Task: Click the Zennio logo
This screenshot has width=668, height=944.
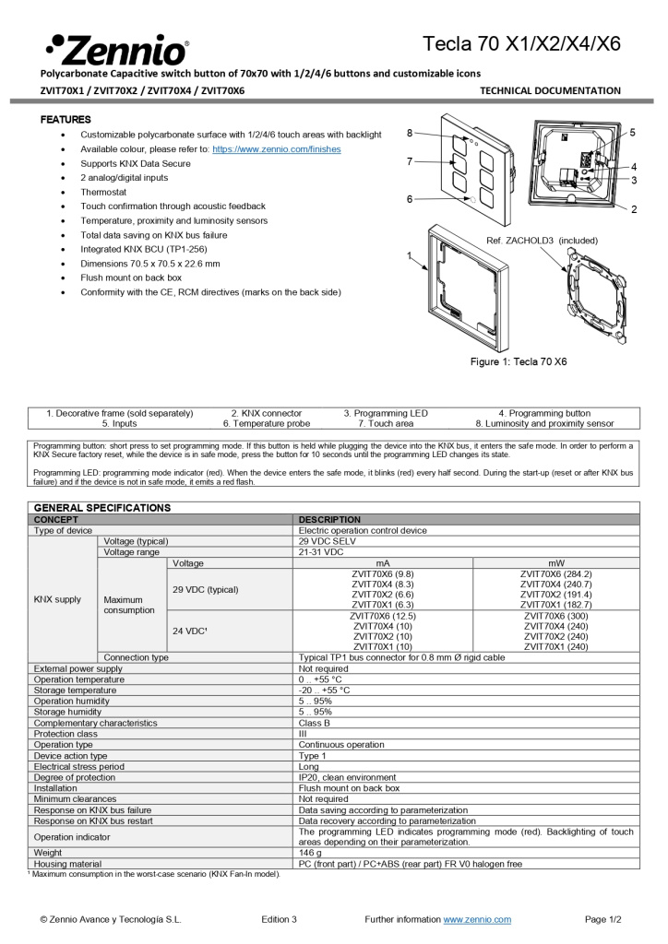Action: [x=117, y=48]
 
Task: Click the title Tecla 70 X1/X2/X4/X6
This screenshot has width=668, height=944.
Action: [x=521, y=44]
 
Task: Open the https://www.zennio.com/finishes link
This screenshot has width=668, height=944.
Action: [x=276, y=148]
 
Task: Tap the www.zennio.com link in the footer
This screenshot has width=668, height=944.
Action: [x=477, y=919]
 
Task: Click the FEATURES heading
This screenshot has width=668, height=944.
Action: [x=66, y=120]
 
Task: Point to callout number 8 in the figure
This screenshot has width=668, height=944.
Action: [x=410, y=133]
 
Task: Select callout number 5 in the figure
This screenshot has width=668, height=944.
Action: [x=633, y=133]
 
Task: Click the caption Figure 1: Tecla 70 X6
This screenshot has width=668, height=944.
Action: [x=519, y=361]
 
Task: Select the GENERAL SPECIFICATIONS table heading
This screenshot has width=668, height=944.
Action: [x=101, y=508]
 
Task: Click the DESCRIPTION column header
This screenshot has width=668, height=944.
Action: [x=329, y=520]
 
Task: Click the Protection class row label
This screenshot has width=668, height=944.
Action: [x=66, y=734]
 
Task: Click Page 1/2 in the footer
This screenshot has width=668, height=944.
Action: [x=602, y=919]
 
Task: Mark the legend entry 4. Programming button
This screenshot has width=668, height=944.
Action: [x=544, y=413]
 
